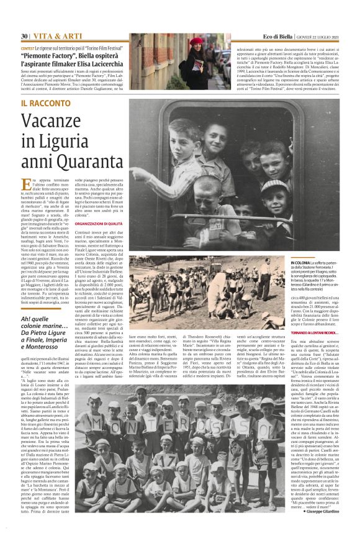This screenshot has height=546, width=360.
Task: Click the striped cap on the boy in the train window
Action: [x=268, y=186]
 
